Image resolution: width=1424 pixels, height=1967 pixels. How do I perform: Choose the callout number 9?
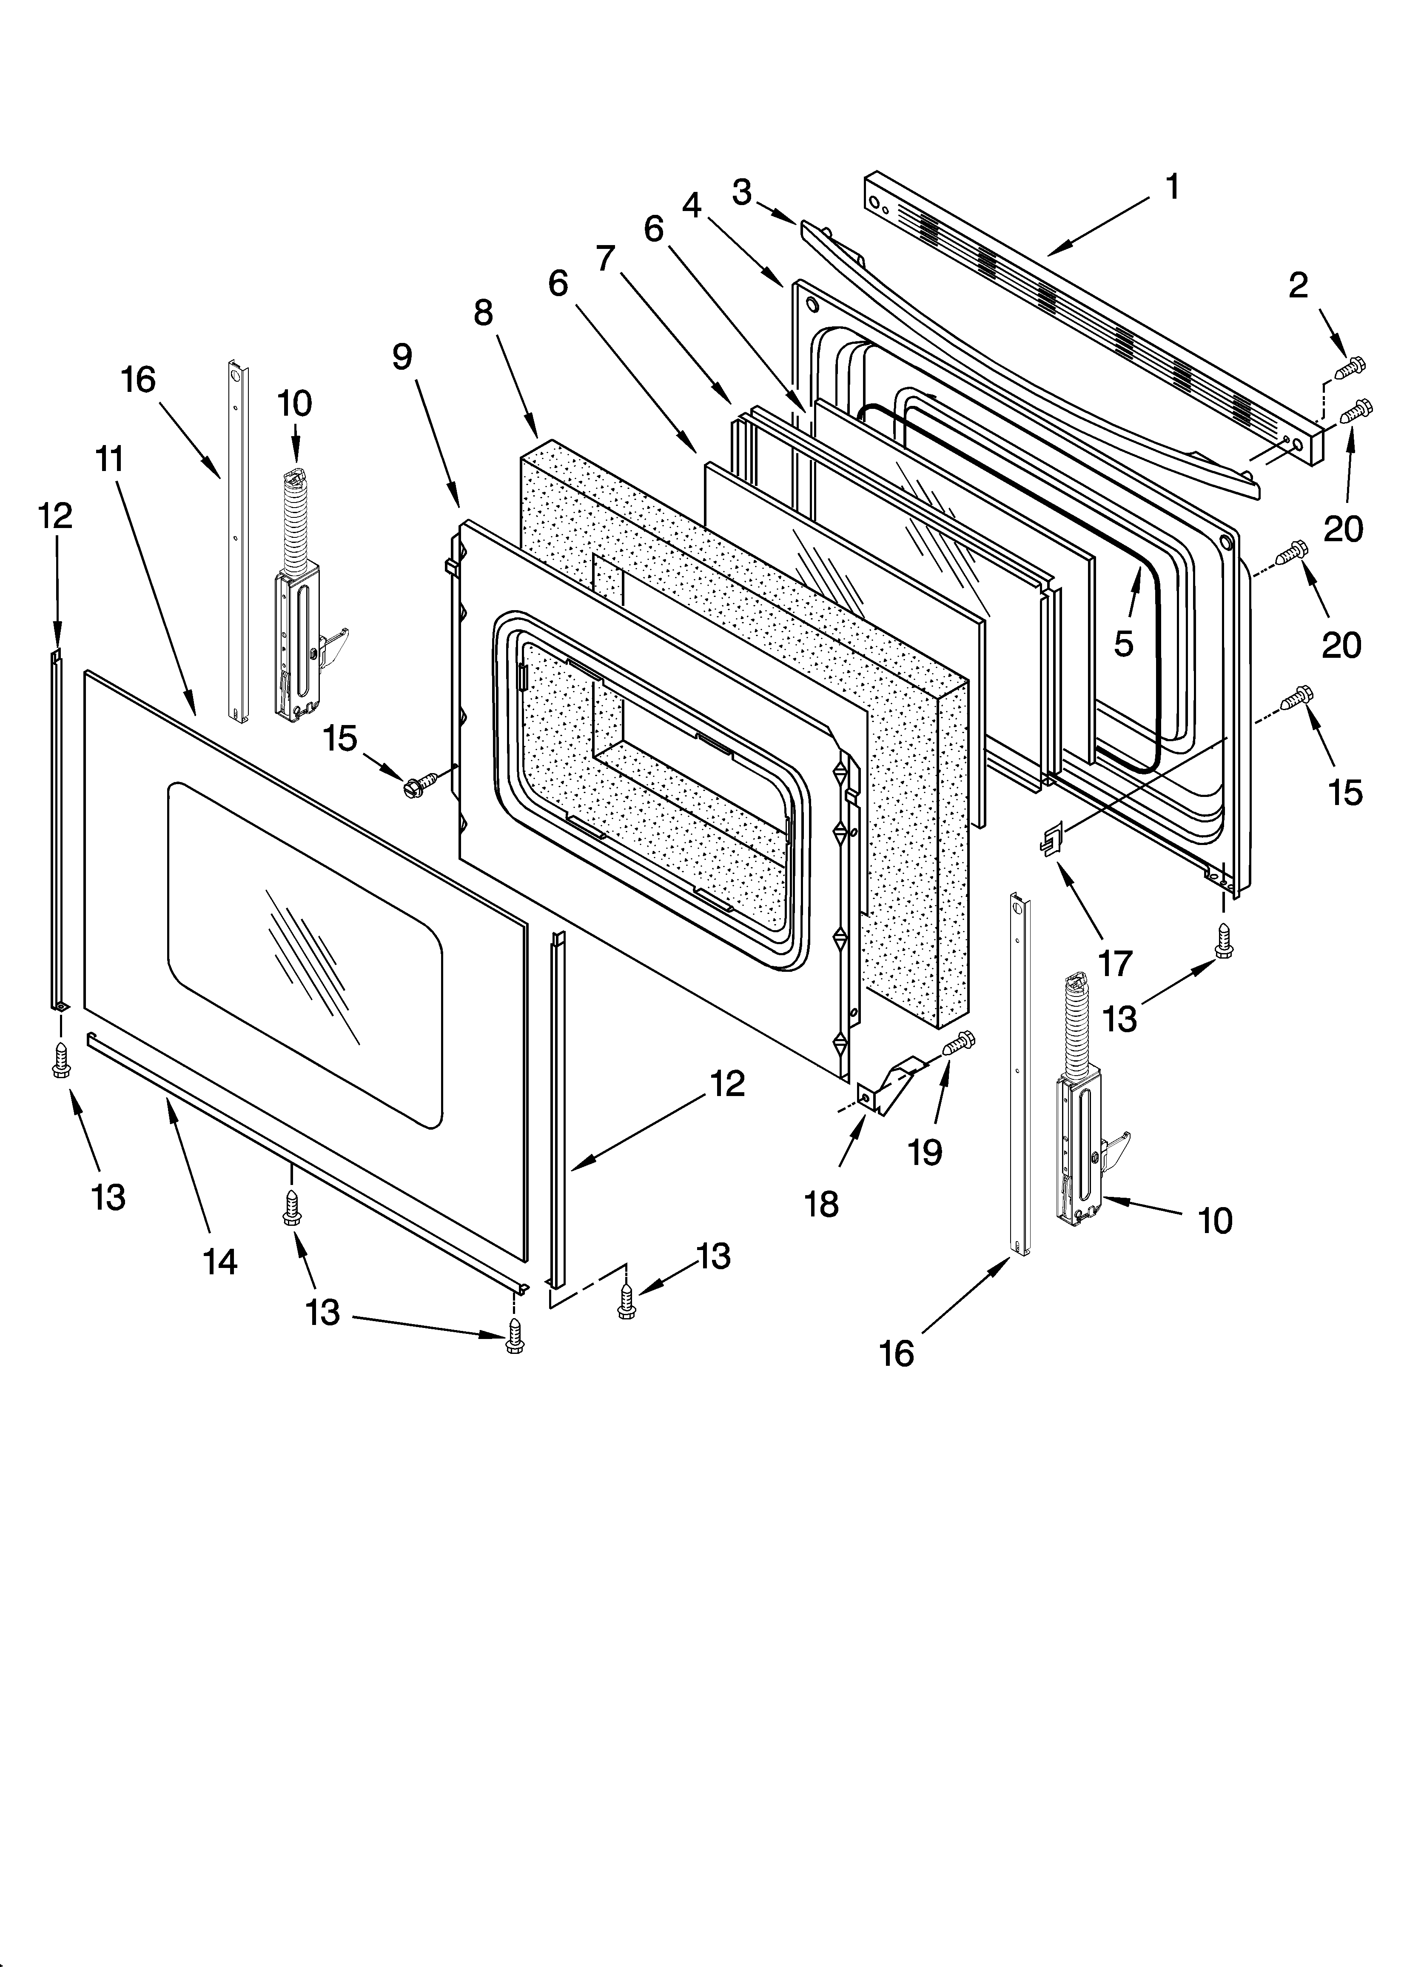(x=402, y=357)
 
